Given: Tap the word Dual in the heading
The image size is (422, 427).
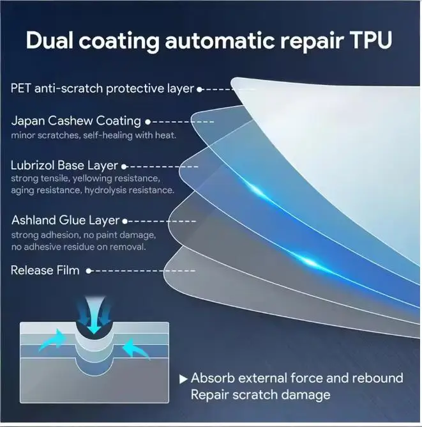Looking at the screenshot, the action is click(x=50, y=40).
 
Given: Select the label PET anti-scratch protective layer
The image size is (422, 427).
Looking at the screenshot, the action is click(x=103, y=88).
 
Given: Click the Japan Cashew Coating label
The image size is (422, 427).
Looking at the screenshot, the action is click(x=76, y=121).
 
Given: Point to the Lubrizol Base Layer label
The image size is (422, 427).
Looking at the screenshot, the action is click(x=64, y=166).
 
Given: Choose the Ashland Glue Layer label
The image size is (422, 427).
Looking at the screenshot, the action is click(x=65, y=220).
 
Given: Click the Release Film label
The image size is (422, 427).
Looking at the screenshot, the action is click(x=45, y=270).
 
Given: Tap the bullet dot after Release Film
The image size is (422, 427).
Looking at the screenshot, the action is click(x=89, y=271).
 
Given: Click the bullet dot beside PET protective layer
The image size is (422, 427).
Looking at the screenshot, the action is click(x=200, y=89).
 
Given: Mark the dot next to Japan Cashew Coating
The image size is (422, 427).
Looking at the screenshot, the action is click(x=147, y=122).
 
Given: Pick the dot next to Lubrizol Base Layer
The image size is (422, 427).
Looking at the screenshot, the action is click(x=124, y=167).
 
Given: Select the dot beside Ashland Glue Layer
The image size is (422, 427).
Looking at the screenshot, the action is click(x=124, y=221).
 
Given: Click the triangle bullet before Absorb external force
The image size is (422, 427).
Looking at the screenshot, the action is click(x=183, y=379).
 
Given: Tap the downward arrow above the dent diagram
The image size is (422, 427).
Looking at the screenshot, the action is click(x=94, y=316).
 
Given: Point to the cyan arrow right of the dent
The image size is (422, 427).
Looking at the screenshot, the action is click(x=135, y=348).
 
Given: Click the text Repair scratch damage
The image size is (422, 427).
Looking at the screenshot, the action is click(x=260, y=395).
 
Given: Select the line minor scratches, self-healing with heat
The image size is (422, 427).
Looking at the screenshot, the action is click(x=94, y=136).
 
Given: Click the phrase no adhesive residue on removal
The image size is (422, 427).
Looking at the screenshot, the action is click(x=79, y=247).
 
